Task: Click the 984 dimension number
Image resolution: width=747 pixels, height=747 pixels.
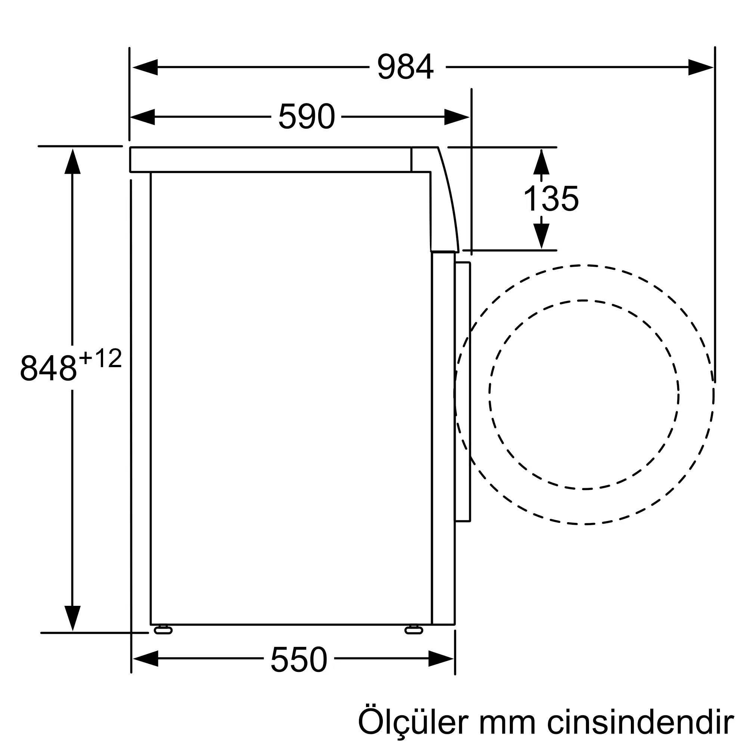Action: [405, 67]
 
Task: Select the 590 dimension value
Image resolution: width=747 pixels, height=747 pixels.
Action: [306, 117]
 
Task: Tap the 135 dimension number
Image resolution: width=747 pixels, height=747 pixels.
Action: [551, 198]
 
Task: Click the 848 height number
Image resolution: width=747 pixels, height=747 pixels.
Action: [48, 368]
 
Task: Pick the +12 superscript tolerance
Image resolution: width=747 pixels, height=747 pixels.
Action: [100, 358]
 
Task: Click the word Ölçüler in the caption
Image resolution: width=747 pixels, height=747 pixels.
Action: [413, 722]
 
